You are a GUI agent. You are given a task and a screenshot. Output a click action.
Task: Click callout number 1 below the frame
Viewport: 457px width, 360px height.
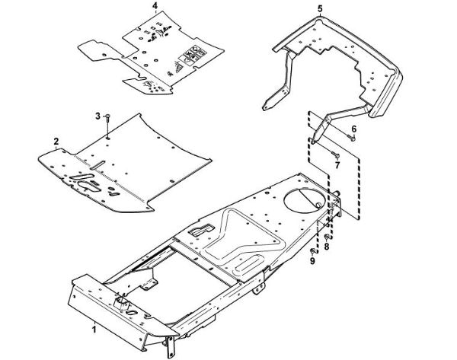pyautogui.click(x=94, y=330)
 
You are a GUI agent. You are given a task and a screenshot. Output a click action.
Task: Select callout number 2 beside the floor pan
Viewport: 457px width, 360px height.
pyautogui.click(x=56, y=142)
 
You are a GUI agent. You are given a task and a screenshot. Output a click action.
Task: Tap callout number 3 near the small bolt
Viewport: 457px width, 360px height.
pyautogui.click(x=97, y=115)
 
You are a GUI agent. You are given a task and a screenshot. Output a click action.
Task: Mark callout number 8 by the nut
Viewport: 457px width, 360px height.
pyautogui.click(x=327, y=248)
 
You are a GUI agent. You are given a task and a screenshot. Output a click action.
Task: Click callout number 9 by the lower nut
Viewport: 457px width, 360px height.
pyautogui.click(x=312, y=261)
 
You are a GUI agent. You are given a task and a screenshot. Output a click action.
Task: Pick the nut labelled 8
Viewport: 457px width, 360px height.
pyautogui.click(x=327, y=237)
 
